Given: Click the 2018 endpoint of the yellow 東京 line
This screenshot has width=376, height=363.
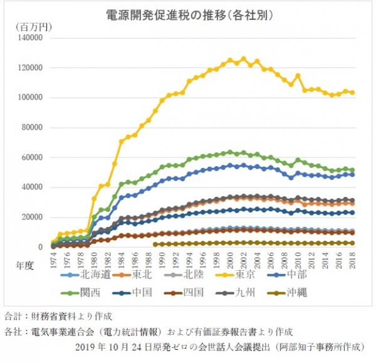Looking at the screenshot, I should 352,93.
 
